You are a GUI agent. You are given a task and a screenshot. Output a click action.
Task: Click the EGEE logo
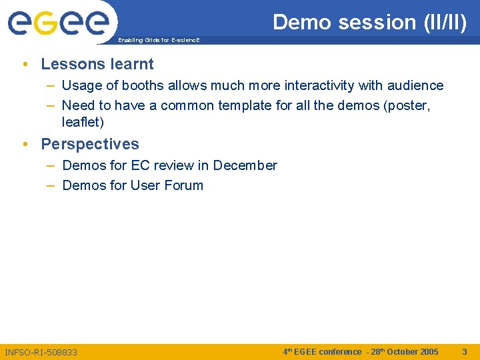pyautogui.click(x=58, y=23)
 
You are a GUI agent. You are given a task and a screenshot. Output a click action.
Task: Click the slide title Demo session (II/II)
pyautogui.click(x=370, y=22)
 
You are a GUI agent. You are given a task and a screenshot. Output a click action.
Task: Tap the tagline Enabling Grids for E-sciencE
pyautogui.click(x=159, y=41)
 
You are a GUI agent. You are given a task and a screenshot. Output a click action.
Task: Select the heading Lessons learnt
pyautogui.click(x=97, y=64)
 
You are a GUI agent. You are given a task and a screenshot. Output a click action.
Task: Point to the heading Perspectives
pyautogui.click(x=90, y=144)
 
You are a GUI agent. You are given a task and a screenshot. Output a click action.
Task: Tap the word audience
pyautogui.click(x=415, y=85)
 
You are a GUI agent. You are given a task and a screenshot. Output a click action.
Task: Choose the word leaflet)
pyautogui.click(x=83, y=123)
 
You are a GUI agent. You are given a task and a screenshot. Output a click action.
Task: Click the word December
pyautogui.click(x=245, y=165)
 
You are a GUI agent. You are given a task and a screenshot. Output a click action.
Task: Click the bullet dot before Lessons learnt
pyautogui.click(x=25, y=65)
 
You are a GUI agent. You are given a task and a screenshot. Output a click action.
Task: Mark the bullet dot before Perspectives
pyautogui.click(x=25, y=145)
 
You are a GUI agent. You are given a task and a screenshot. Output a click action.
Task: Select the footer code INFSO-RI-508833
pyautogui.click(x=41, y=352)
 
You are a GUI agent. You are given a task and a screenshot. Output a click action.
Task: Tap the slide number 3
pyautogui.click(x=465, y=351)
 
